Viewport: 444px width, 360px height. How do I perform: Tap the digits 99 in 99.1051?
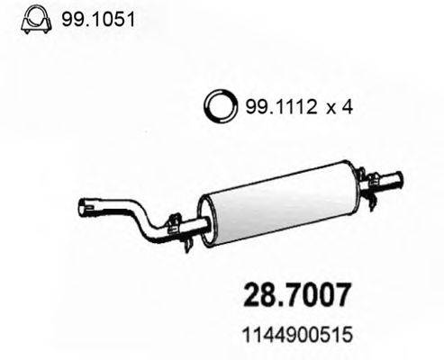click(x=72, y=18)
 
